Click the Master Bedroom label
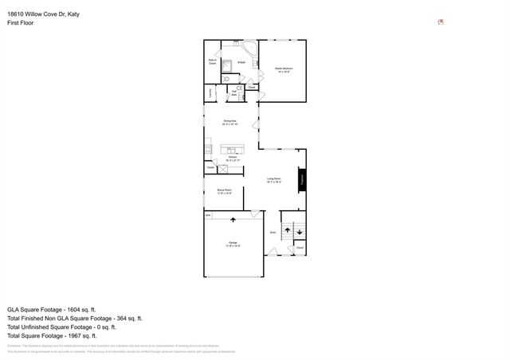coord(282,70)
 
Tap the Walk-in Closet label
coord(214,61)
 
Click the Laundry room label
coord(210,93)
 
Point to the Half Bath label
coord(234,92)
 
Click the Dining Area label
coord(231,122)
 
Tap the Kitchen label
coord(233,158)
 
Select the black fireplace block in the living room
coord(302,179)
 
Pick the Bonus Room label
coord(223,190)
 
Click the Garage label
coord(233,243)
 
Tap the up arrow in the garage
coord(233,219)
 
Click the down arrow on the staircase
coord(299,233)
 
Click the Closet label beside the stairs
coord(300,248)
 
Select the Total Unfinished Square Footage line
coord(61,327)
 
